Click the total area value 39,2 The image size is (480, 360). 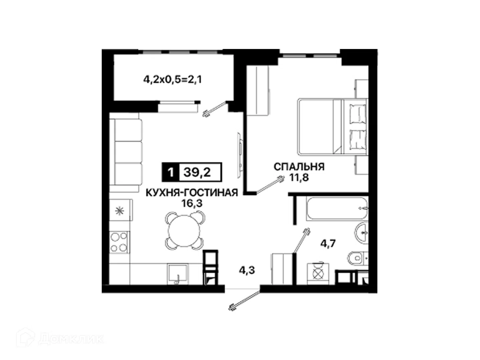[197, 172]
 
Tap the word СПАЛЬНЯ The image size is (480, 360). [299, 167]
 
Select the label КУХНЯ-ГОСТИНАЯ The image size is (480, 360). [192, 193]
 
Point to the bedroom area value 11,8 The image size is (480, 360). [299, 177]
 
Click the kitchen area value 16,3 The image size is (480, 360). [192, 203]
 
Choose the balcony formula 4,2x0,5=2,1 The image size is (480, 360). [172, 80]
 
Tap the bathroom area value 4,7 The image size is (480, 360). [328, 243]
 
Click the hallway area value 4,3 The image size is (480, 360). [247, 271]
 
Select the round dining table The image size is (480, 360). [184, 230]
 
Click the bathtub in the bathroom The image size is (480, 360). [337, 208]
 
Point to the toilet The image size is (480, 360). [358, 258]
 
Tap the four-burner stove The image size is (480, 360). [119, 242]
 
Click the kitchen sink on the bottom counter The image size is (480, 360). [178, 274]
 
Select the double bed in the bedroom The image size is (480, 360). [332, 127]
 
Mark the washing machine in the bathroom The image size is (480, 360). [318, 274]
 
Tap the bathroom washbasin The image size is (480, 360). [361, 233]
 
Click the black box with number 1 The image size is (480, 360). [170, 172]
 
